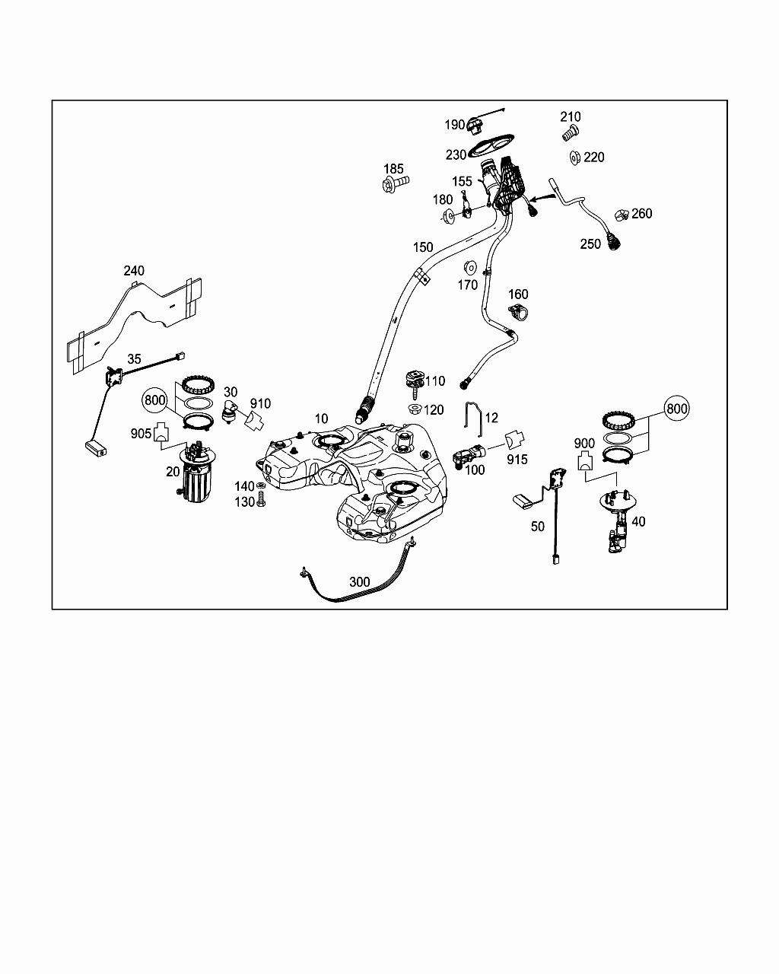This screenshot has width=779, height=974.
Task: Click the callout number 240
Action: (x=134, y=270)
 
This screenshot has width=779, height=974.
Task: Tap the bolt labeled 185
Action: (x=394, y=183)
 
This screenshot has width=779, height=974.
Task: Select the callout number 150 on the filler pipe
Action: (x=423, y=247)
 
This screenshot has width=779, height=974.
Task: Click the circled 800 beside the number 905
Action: (x=154, y=399)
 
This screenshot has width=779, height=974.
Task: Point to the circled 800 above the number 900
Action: (x=676, y=409)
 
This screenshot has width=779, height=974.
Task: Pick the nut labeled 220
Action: (x=576, y=158)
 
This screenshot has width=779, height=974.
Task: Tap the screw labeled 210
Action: (x=569, y=135)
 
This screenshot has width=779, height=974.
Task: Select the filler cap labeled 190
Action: (x=476, y=125)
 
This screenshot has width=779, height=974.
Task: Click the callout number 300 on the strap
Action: (x=359, y=581)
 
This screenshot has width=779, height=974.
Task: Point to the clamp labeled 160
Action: (x=518, y=311)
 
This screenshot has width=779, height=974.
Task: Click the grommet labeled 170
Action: (x=470, y=268)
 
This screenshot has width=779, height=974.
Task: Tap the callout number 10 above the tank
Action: (x=321, y=419)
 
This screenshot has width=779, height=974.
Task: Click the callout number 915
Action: (x=517, y=460)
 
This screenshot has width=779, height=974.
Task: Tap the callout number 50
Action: (x=538, y=527)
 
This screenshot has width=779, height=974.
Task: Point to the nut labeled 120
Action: (x=415, y=410)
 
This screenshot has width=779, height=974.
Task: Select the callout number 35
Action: (x=134, y=358)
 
